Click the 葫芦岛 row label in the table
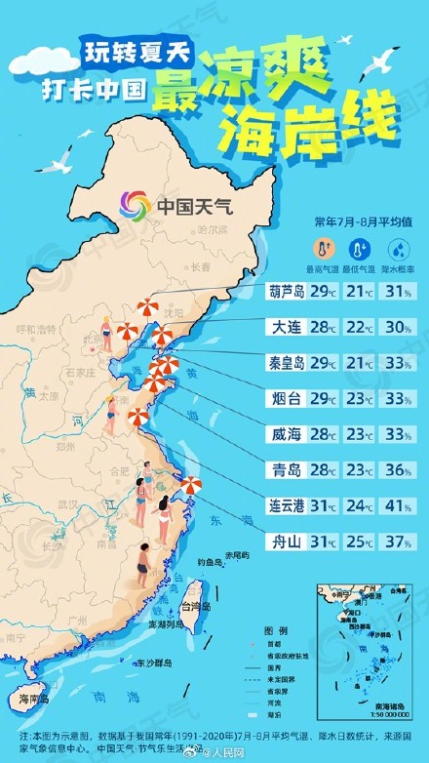pyautogui.click(x=287, y=291)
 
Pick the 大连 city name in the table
pyautogui.click(x=287, y=327)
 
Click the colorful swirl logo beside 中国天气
pyautogui.click(x=136, y=206)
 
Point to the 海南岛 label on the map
pyautogui.click(x=36, y=699)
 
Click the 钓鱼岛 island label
pyautogui.click(x=210, y=563)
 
